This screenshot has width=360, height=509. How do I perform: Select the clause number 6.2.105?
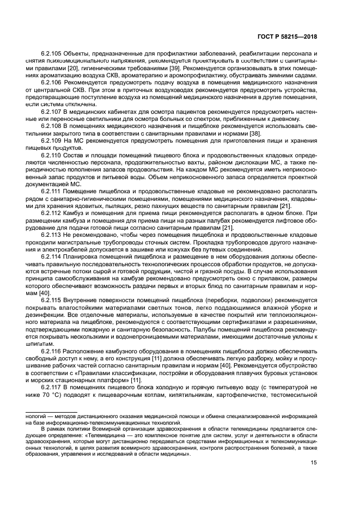click(x=52, y=53)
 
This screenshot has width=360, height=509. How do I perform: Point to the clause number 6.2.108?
click(x=52, y=125)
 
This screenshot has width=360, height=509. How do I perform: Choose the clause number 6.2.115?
click(x=52, y=299)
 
